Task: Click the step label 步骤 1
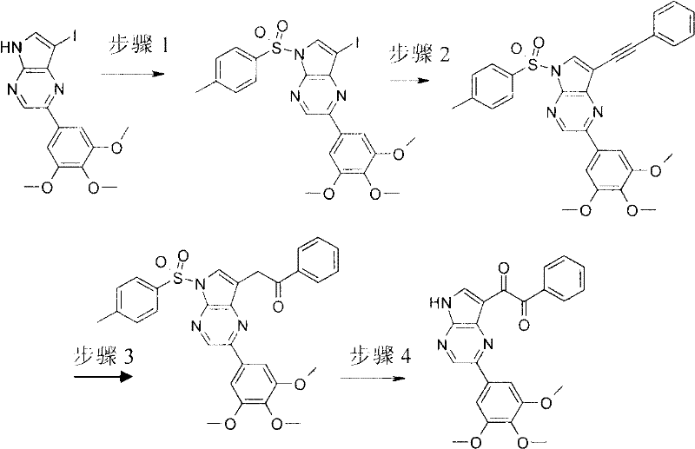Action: pyautogui.click(x=138, y=46)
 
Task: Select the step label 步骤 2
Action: pyautogui.click(x=420, y=56)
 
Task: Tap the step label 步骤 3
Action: pyautogui.click(x=103, y=355)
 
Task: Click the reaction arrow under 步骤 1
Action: pyautogui.click(x=129, y=74)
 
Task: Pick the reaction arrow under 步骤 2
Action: pyautogui.click(x=410, y=81)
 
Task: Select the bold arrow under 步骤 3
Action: pyautogui.click(x=103, y=377)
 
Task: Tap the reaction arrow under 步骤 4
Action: pyautogui.click(x=373, y=379)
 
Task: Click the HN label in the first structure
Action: pyautogui.click(x=11, y=47)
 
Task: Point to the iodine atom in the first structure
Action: pyautogui.click(x=74, y=36)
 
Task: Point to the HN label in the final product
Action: pyautogui.click(x=440, y=303)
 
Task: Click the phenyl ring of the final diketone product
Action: pyautogui.click(x=562, y=278)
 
